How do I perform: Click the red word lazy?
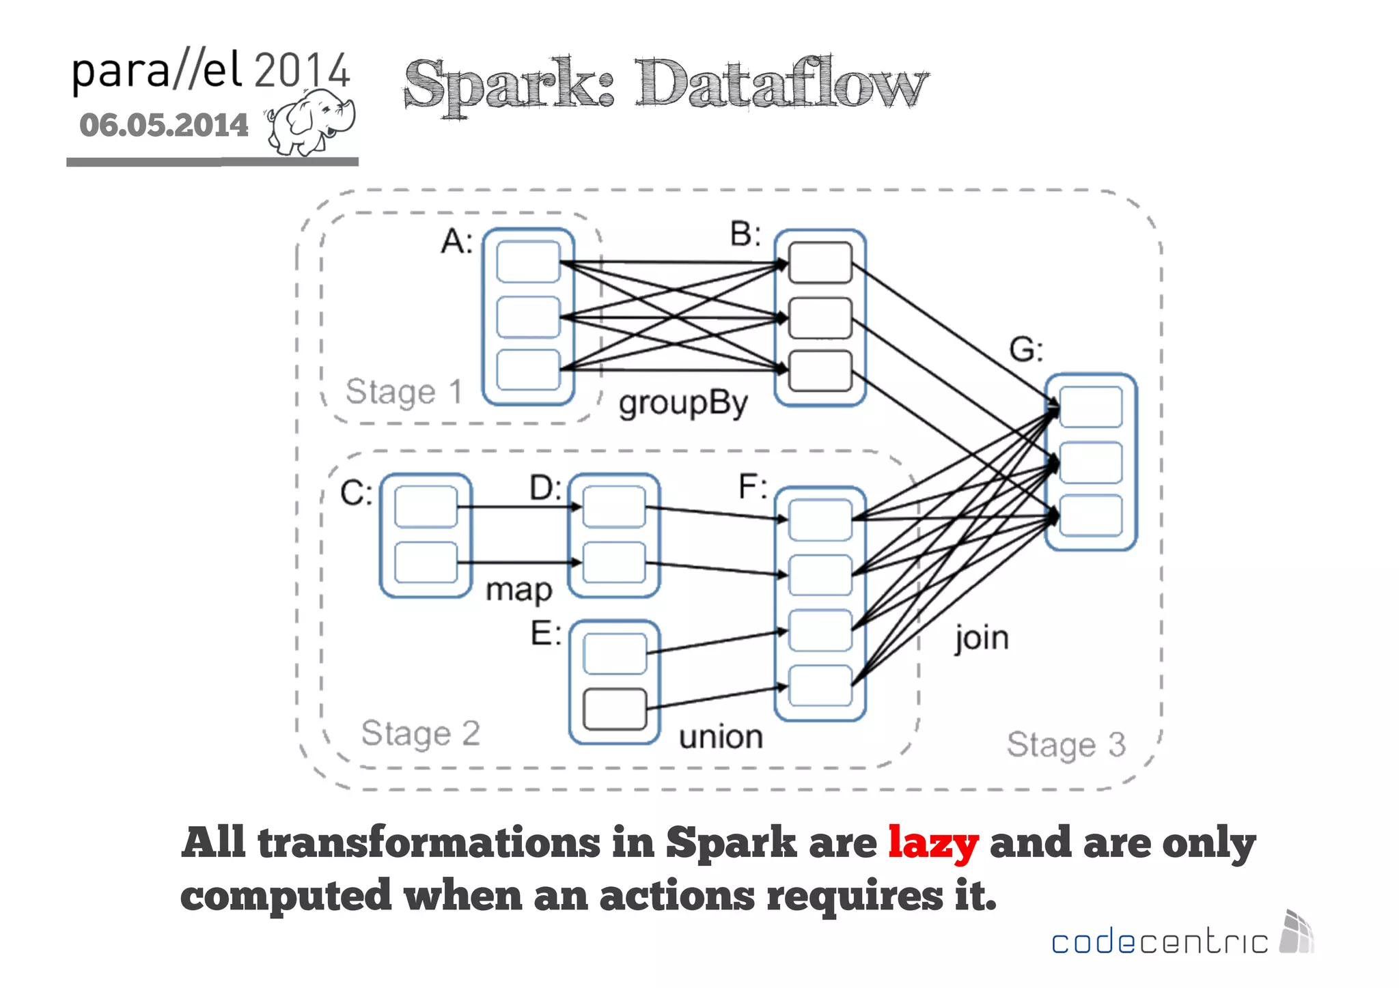(932, 844)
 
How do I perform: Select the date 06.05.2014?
(164, 126)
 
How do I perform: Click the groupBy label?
(683, 404)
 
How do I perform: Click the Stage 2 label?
(420, 734)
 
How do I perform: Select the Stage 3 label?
(1066, 745)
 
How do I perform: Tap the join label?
(981, 638)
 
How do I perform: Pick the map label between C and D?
(518, 590)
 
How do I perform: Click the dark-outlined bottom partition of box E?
(615, 709)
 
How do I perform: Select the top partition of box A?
(528, 262)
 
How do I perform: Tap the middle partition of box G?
(1090, 462)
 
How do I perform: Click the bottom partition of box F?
(820, 685)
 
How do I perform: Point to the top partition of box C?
(426, 507)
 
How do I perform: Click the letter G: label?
(1025, 350)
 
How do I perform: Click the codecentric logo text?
(1159, 942)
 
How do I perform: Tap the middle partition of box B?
(820, 317)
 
